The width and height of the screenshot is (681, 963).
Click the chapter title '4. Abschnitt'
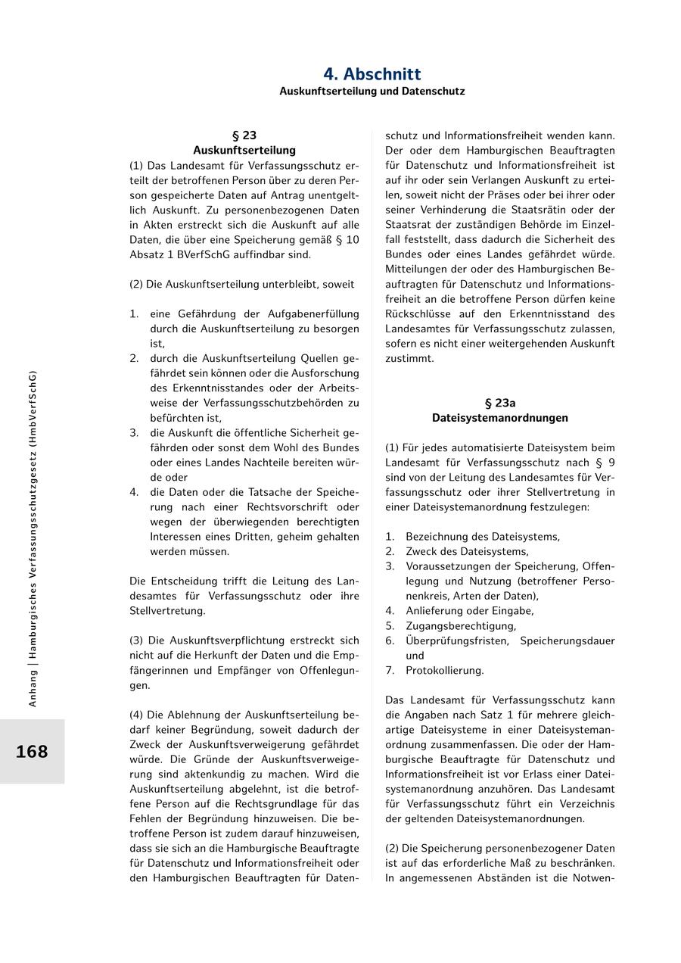pyautogui.click(x=372, y=74)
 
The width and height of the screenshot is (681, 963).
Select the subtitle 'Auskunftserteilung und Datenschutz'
pyautogui.click(x=372, y=92)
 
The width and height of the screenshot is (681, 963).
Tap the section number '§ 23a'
pyautogui.click(x=499, y=403)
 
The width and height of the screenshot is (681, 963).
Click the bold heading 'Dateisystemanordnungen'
pyautogui.click(x=499, y=418)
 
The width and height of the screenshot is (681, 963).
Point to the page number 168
pyautogui.click(x=32, y=752)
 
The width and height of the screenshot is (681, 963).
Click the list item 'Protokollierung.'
pyautogui.click(x=444, y=671)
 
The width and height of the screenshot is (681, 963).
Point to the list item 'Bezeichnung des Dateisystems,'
pyautogui.click(x=483, y=537)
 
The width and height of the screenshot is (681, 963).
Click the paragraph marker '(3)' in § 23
pyautogui.click(x=138, y=640)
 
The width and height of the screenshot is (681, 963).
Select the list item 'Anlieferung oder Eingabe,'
pyautogui.click(x=469, y=611)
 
